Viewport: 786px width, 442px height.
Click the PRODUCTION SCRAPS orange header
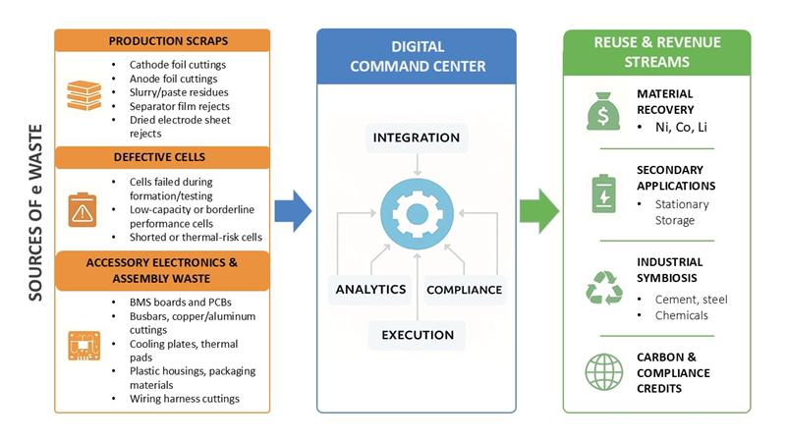(x=162, y=40)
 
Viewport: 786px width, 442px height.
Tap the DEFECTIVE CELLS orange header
(x=162, y=157)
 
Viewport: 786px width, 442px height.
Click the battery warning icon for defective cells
(x=83, y=210)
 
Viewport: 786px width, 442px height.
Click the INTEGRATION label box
(x=417, y=137)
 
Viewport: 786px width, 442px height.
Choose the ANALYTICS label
(x=370, y=290)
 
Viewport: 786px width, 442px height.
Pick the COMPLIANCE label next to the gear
(x=464, y=290)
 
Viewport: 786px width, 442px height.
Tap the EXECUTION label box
(x=417, y=335)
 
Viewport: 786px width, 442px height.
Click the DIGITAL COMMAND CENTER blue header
(x=417, y=56)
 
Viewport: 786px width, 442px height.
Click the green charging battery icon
(x=602, y=192)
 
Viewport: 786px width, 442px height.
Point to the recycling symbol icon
(x=603, y=287)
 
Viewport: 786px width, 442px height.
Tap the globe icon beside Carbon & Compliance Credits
(x=603, y=371)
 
